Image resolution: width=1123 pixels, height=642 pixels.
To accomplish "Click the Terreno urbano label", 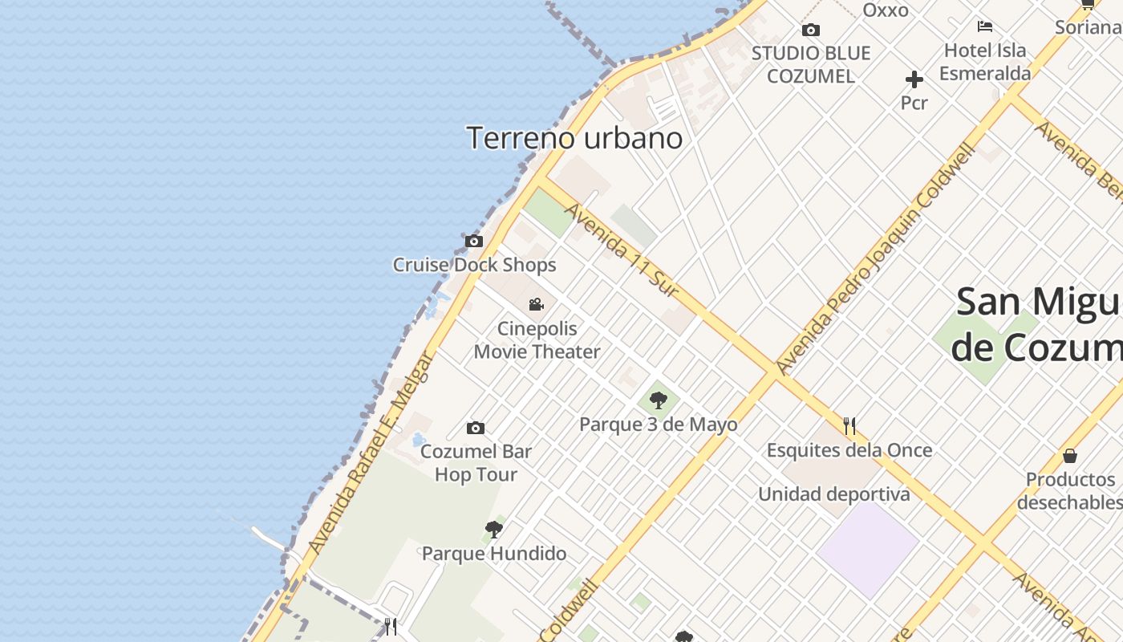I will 574,138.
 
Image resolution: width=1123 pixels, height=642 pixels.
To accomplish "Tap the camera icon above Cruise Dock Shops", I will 474,241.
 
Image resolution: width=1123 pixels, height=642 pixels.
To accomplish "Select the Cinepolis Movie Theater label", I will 537,340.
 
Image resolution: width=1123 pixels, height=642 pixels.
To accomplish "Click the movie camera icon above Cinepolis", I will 537,304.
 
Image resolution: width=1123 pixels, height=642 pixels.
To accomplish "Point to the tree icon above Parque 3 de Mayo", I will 659,399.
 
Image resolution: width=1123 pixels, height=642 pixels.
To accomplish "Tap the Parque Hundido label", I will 494,553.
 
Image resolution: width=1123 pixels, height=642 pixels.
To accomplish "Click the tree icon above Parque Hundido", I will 494,529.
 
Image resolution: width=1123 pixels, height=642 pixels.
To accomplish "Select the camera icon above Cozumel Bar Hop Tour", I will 476,428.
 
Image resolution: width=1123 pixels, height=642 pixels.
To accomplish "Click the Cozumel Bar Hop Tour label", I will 476,463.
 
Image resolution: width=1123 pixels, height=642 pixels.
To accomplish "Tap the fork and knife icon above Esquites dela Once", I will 849,425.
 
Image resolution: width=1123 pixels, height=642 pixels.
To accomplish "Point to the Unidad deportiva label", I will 834,494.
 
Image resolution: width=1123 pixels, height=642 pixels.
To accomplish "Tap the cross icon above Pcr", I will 914,79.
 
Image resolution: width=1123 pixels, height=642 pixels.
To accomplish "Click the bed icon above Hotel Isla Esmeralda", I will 985,26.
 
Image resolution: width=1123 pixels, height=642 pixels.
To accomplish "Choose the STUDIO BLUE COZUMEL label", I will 811,64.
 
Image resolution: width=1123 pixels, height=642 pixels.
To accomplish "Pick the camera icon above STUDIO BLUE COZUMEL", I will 811,30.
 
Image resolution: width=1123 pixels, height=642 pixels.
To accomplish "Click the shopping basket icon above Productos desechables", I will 1070,456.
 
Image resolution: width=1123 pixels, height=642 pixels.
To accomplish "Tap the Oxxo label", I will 886,10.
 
